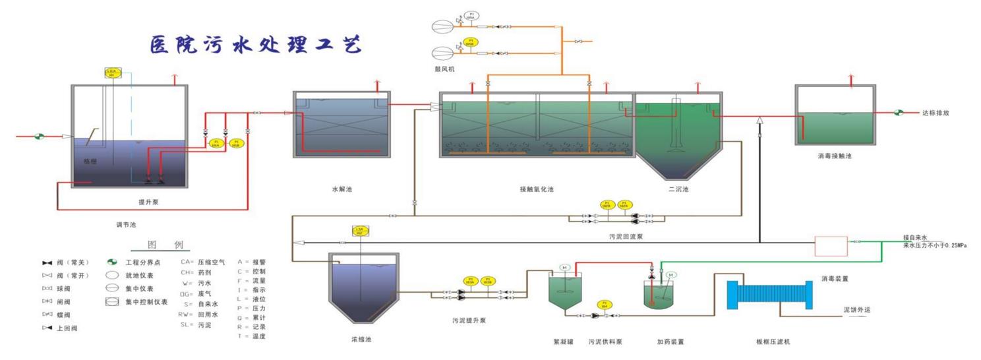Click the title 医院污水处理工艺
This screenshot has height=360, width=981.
tap(254, 45)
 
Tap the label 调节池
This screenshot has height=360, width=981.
tap(125, 225)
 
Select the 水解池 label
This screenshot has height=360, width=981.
tap(342, 190)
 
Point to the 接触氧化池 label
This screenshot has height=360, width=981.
tap(536, 190)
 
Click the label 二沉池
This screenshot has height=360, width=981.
tap(678, 190)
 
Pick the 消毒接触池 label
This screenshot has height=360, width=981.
tap(835, 157)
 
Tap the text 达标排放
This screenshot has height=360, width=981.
tap(936, 113)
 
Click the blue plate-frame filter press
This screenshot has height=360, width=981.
tap(769, 295)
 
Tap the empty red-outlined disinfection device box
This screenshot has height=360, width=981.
tap(831, 246)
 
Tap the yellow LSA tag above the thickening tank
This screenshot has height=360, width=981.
tap(361, 231)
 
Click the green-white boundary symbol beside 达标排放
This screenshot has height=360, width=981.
tap(899, 113)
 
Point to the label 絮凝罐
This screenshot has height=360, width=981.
tap(564, 342)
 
